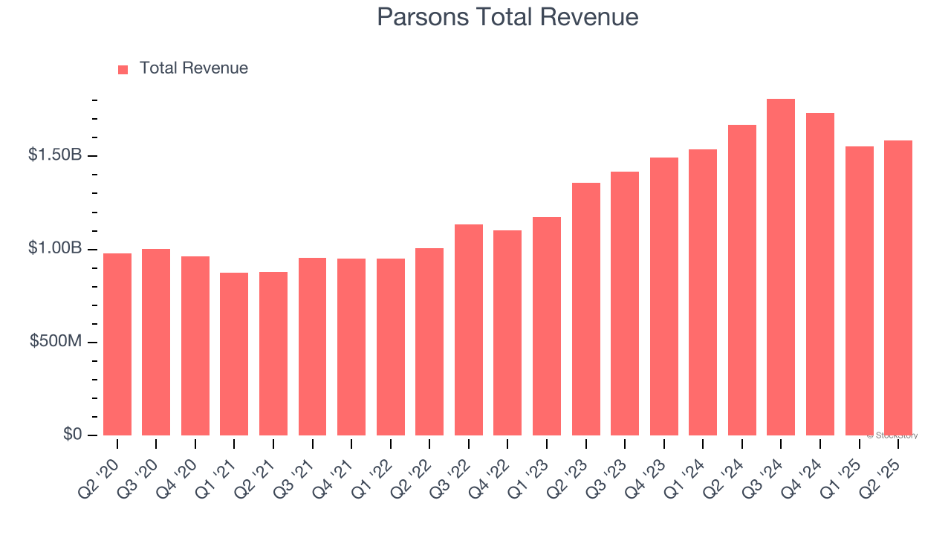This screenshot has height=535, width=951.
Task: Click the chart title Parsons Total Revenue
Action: (x=507, y=17)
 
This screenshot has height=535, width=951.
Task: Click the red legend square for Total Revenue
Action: (x=123, y=69)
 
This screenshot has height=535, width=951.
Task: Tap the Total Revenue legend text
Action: (x=193, y=68)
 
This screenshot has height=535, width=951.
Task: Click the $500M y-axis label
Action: (x=56, y=341)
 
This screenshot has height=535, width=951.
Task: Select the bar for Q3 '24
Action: (x=781, y=267)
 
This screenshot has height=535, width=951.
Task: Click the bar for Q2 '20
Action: (x=117, y=345)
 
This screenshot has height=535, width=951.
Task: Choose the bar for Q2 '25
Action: (x=898, y=288)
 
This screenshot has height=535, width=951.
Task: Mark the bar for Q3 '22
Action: (x=469, y=330)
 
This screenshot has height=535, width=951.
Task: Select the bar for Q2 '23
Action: (x=586, y=309)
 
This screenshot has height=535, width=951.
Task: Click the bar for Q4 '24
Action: (x=820, y=274)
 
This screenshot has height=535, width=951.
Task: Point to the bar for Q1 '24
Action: (x=703, y=293)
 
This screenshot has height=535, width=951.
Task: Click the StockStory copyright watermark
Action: (x=892, y=436)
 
